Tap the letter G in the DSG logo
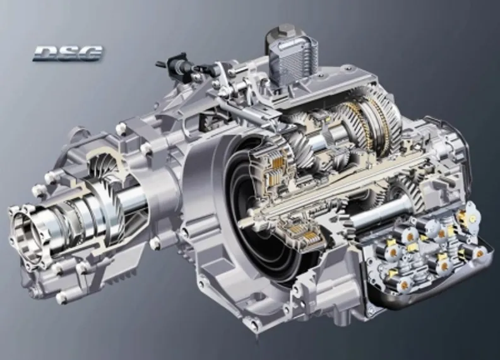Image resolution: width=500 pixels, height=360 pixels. (90, 53)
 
